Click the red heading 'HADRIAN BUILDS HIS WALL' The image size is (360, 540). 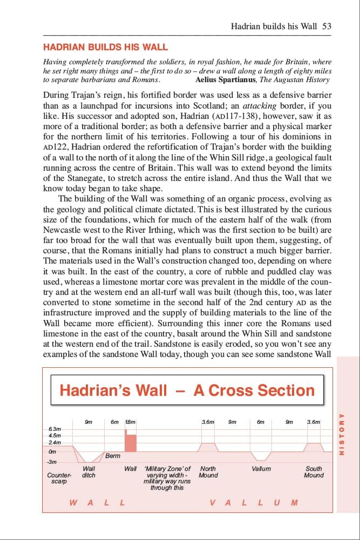point(105,48)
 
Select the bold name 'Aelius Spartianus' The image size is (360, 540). point(226,80)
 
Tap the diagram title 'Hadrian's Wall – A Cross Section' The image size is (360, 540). point(187,390)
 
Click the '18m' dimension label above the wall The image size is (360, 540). point(130,422)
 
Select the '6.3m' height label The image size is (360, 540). point(55,428)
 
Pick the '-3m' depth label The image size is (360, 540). point(52,462)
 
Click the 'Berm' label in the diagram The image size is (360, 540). point(113,456)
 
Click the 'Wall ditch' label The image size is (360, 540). point(89,472)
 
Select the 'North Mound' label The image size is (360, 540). point(208,472)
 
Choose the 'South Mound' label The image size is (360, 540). point(314,472)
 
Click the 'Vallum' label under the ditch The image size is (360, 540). point(261,469)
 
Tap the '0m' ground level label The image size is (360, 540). point(52,451)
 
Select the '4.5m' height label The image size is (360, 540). point(55,435)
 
